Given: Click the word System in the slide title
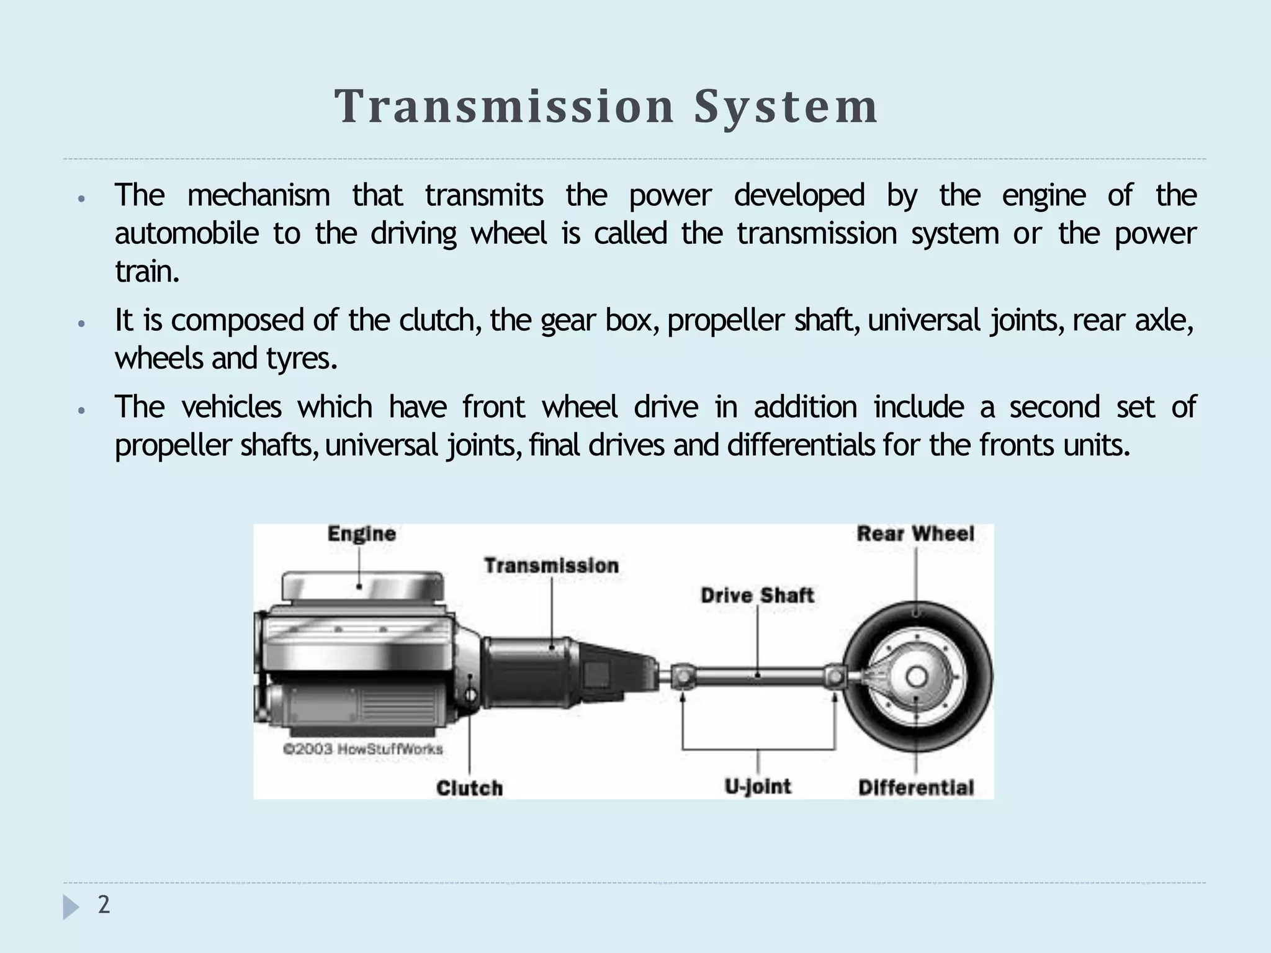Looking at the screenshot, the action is click(785, 107).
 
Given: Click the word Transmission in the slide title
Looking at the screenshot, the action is click(504, 107).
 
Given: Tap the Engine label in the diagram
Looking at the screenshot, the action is click(361, 534).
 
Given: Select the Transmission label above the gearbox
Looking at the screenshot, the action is click(551, 566).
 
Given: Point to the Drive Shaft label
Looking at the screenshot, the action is click(757, 596).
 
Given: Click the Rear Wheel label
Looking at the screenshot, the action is click(915, 534).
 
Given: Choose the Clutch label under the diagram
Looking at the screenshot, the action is click(469, 788).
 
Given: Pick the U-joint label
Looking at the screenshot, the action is click(758, 787).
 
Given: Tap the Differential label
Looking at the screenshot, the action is click(916, 788).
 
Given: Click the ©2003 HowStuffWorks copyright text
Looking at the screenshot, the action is click(363, 749).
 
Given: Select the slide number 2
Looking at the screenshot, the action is click(104, 905).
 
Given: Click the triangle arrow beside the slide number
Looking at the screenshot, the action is click(71, 907).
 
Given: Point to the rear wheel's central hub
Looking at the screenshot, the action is click(917, 677).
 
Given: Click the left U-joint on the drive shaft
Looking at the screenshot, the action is click(681, 676).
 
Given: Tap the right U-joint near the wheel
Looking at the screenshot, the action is click(835, 676).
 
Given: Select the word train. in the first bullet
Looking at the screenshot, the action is click(147, 272).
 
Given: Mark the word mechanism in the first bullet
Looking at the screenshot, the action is click(258, 195).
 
